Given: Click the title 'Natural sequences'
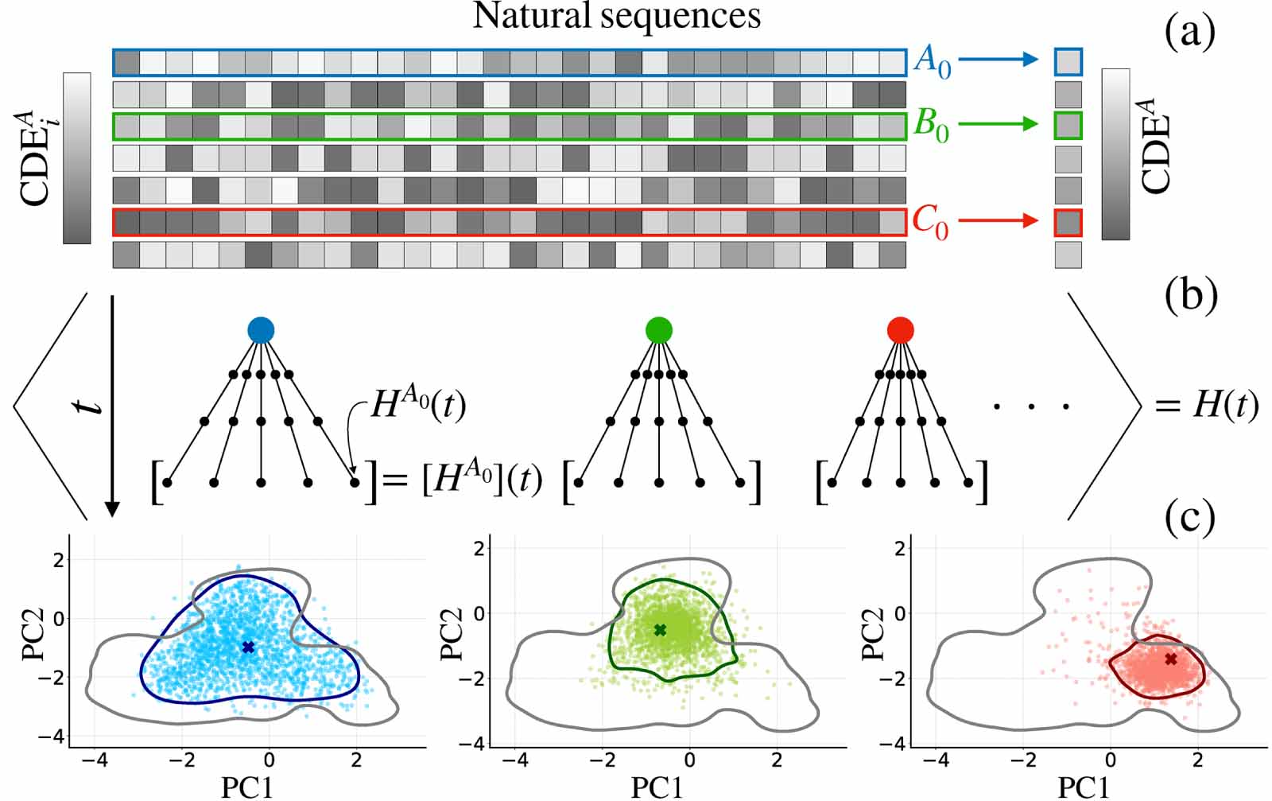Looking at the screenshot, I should click(x=617, y=16).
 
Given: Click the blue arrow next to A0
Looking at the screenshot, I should click(x=999, y=60).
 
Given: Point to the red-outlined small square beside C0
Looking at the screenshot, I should click(x=1068, y=223).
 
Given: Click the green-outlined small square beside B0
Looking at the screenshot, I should click(x=1068, y=126).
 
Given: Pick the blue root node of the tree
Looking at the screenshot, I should click(x=261, y=329).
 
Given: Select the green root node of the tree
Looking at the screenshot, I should click(x=659, y=329).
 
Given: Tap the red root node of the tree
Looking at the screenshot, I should click(x=900, y=329).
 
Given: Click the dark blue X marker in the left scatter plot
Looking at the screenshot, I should click(x=248, y=647).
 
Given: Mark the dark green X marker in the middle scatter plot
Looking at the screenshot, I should click(x=660, y=630).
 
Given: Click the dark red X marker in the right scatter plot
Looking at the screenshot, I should click(x=1170, y=659).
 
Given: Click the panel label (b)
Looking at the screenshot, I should click(x=1190, y=296).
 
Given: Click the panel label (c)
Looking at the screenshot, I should click(x=1190, y=517).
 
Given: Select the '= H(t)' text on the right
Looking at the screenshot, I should click(x=1206, y=406).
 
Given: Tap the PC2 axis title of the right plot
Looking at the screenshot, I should click(x=873, y=634).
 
